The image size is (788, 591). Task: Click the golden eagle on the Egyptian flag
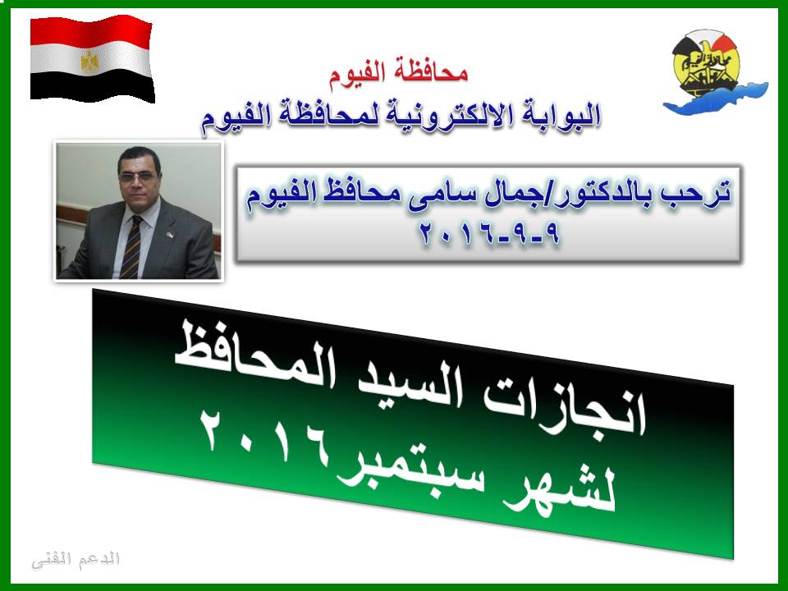point(90,62)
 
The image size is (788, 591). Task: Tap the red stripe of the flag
point(90,31)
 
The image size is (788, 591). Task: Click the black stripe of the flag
point(93,85)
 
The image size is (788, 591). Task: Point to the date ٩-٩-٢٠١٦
point(489,234)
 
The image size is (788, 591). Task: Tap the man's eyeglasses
point(137,176)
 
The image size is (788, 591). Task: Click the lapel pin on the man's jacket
point(172,234)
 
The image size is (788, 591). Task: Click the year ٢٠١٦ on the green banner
point(263,436)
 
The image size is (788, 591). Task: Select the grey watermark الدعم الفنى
point(76,560)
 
